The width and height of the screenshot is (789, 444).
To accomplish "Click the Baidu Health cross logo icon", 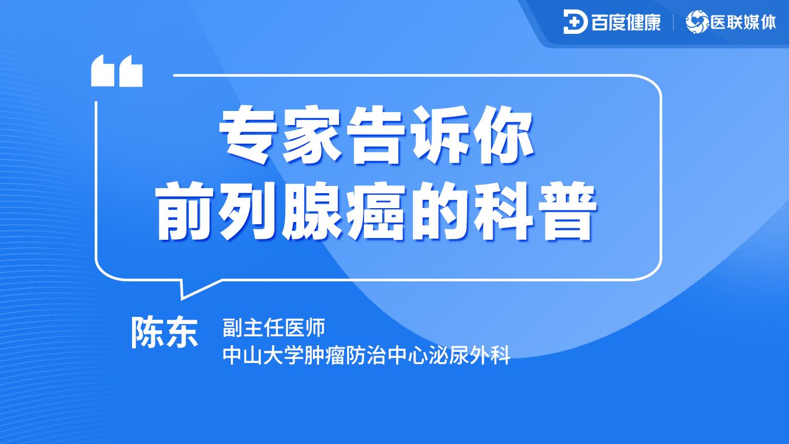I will (x=575, y=22).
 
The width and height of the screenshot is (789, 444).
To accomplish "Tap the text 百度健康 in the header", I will (x=626, y=22).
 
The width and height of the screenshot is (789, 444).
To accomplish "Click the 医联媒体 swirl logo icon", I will (x=697, y=22).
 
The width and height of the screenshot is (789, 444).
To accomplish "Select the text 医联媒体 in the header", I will (x=744, y=22).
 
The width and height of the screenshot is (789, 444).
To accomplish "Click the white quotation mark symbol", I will (x=117, y=70).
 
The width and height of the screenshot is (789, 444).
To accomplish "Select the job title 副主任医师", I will (x=273, y=328).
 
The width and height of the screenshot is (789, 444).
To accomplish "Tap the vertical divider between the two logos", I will (x=673, y=22).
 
